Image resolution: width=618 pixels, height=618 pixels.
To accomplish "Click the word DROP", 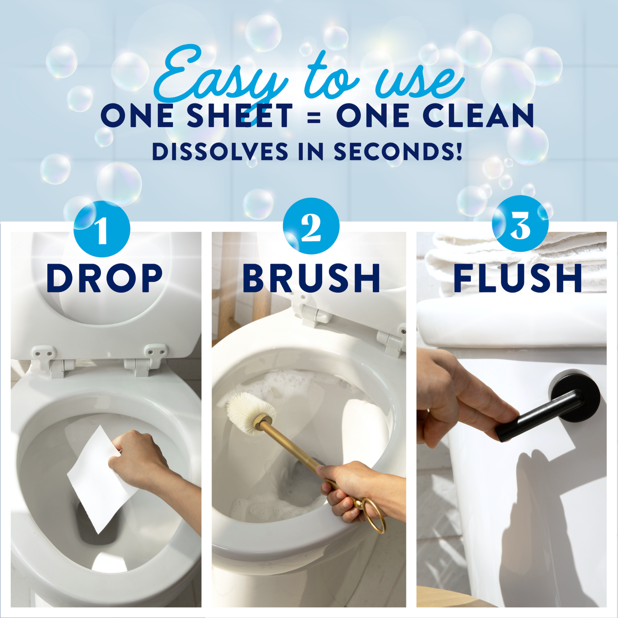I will pos(105,279).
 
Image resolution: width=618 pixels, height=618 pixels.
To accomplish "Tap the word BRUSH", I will pos(311,279).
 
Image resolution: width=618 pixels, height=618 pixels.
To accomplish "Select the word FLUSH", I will pos(517,279).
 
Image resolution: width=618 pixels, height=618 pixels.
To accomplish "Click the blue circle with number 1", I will pos(102,229).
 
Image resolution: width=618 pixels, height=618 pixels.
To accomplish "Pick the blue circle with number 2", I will pos(311,226).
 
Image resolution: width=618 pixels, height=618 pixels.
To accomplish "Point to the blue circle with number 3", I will pos(520,224).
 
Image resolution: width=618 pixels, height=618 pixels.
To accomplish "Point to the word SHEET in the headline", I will pos(239,116).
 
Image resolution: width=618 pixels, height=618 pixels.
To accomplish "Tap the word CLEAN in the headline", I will pos(478,116).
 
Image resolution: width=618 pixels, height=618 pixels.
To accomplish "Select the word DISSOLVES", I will pos(220,152).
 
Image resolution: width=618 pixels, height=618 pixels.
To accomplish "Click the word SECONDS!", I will pos(398,152).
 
